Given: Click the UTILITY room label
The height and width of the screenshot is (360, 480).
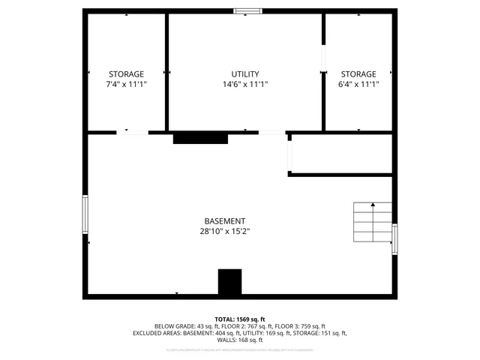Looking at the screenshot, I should pyautogui.click(x=244, y=74).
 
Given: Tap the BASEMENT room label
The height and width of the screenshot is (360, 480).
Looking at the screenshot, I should pyautogui.click(x=224, y=221).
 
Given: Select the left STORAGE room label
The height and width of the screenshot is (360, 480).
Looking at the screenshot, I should pyautogui.click(x=126, y=74).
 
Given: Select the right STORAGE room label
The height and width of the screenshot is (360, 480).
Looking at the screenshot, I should pyautogui.click(x=358, y=74).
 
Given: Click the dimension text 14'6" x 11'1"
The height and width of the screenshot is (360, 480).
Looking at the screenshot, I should pyautogui.click(x=244, y=85).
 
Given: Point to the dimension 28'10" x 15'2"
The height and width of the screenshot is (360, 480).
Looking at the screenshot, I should pyautogui.click(x=224, y=232).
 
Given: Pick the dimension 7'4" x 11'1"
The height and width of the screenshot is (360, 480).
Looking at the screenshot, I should pyautogui.click(x=126, y=85).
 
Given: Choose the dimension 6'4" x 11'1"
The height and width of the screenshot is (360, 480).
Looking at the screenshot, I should pyautogui.click(x=358, y=85).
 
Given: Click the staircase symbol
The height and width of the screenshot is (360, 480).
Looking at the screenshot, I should pyautogui.click(x=373, y=223).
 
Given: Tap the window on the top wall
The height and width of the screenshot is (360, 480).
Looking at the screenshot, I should pyautogui.click(x=247, y=11).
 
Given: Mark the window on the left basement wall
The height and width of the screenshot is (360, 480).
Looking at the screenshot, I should pyautogui.click(x=85, y=214).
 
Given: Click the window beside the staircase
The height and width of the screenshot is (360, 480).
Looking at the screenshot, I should pyautogui.click(x=394, y=239).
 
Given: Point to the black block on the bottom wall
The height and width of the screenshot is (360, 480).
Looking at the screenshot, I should pyautogui.click(x=229, y=282).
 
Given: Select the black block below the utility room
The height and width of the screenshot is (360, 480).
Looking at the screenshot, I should pyautogui.click(x=200, y=138).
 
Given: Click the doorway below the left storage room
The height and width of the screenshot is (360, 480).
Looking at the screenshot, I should pyautogui.click(x=133, y=133).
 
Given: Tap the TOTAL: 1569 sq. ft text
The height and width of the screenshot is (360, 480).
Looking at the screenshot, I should pyautogui.click(x=240, y=319).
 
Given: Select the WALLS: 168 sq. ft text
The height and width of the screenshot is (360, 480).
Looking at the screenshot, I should pyautogui.click(x=240, y=340).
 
